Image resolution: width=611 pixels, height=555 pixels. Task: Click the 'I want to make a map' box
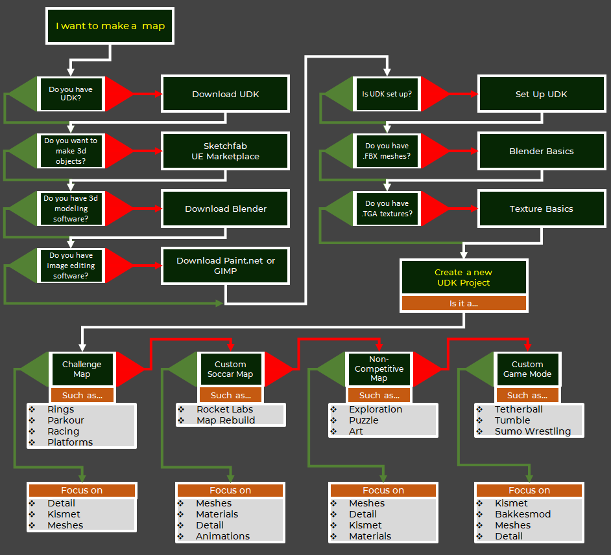click(x=110, y=27)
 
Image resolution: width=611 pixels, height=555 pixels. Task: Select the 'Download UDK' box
click(x=225, y=95)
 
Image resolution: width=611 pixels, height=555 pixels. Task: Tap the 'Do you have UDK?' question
click(x=71, y=95)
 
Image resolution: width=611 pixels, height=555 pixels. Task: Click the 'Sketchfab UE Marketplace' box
click(x=225, y=152)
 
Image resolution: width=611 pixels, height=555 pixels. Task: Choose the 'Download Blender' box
click(x=225, y=209)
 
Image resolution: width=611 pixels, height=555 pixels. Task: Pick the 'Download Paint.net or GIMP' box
click(x=225, y=266)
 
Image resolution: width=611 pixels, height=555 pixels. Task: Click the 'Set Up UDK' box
click(x=541, y=95)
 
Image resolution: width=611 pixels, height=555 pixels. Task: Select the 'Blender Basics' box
click(x=541, y=152)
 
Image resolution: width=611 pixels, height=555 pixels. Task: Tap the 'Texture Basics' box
click(x=541, y=209)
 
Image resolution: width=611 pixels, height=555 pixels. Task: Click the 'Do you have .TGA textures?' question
click(x=387, y=209)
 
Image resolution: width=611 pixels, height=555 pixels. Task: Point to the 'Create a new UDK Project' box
click(x=464, y=278)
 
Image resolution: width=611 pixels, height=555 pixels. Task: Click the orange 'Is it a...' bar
click(x=464, y=303)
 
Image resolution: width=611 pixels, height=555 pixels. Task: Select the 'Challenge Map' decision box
click(x=82, y=369)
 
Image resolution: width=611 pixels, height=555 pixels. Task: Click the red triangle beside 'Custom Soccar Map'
click(x=280, y=369)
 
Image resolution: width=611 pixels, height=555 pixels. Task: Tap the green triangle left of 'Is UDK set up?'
click(x=338, y=95)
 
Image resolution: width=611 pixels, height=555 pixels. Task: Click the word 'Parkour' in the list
click(x=66, y=420)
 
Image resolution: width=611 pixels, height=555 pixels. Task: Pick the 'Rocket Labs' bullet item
click(x=224, y=409)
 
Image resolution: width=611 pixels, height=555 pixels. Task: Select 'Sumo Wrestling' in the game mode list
click(x=533, y=431)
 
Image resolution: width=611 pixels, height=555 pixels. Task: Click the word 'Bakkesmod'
click(x=522, y=514)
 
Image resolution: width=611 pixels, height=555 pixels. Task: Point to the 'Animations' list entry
click(x=222, y=536)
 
